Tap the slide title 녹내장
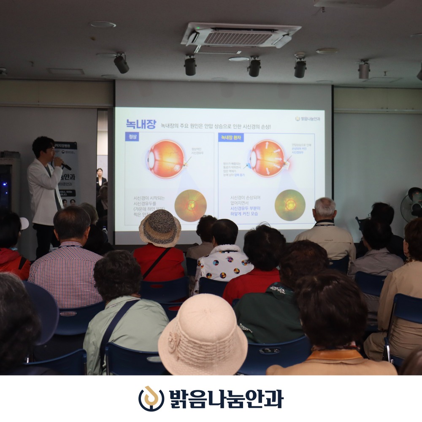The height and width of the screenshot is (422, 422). pos(141,124)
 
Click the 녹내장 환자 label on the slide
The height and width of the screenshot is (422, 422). pos(231,138)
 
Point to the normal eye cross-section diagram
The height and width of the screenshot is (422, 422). pos(166,159)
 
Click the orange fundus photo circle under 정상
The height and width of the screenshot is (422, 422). pos(190,206)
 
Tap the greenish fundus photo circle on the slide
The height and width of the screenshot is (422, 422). pos(290,205)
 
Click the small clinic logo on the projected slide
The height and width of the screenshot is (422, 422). pos(308,119)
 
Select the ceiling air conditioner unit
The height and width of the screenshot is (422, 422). pos(241,37)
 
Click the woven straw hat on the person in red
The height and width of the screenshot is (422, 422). pos(160,228)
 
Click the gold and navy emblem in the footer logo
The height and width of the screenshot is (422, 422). pos(151,398)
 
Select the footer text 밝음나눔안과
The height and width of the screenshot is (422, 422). pos(226,399)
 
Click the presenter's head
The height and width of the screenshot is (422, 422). pos(43,147)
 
